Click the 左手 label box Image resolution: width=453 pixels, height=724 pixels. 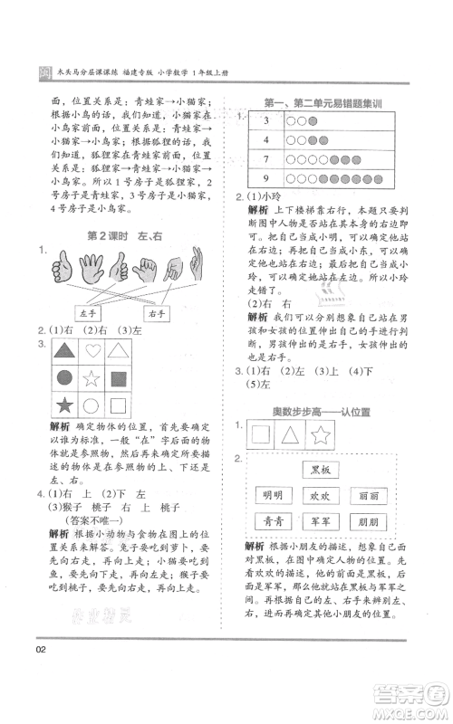click(87, 313)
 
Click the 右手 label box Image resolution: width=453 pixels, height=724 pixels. click(156, 313)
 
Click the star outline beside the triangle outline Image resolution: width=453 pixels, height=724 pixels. click(322, 435)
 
